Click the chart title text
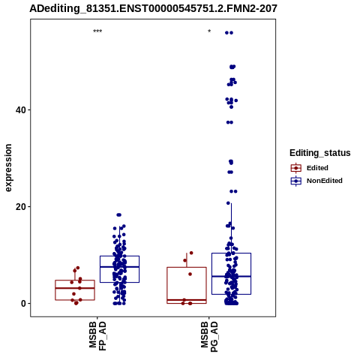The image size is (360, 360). click(x=153, y=8)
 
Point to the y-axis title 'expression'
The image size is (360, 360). click(x=8, y=168)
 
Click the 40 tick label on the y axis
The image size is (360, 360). click(x=21, y=110)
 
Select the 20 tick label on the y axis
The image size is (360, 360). click(x=21, y=207)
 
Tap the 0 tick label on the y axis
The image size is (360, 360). click(x=24, y=304)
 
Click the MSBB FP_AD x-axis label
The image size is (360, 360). click(x=97, y=336)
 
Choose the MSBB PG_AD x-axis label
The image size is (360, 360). click(x=209, y=337)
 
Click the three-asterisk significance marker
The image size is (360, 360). click(x=97, y=31)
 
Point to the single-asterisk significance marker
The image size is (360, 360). click(x=209, y=31)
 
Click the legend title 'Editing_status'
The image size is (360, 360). click(x=320, y=153)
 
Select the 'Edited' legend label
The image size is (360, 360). click(x=317, y=168)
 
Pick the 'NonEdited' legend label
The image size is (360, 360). click(x=325, y=181)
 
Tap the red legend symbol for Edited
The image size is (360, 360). click(x=296, y=168)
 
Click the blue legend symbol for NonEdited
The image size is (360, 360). click(x=296, y=181)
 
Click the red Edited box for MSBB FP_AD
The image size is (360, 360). click(x=75, y=280)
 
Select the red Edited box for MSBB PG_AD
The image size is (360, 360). click(x=187, y=268)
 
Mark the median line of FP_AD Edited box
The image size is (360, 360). click(x=75, y=288)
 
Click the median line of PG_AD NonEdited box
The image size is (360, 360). click(x=231, y=276)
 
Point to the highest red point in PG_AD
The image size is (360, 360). click(x=191, y=253)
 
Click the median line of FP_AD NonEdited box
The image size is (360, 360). click(x=119, y=267)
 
